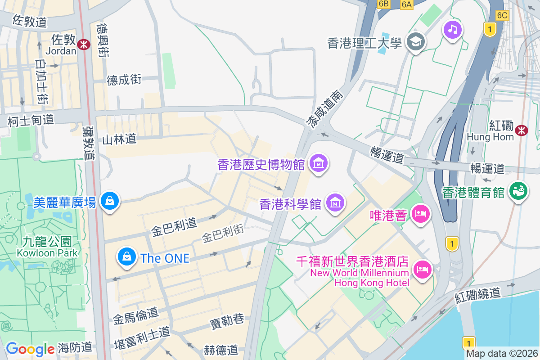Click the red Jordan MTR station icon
[x=83, y=44]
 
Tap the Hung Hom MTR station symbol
[x=522, y=130]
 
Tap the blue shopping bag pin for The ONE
[x=127, y=257]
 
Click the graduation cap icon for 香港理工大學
[x=413, y=42]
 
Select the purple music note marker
[x=453, y=30]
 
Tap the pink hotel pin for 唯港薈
[x=420, y=214]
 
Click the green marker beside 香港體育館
[x=518, y=191]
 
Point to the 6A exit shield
[x=407, y=4]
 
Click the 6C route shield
[x=502, y=15]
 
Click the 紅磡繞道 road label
[x=477, y=295]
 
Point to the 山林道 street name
[x=119, y=139]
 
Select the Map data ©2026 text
[x=502, y=354]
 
